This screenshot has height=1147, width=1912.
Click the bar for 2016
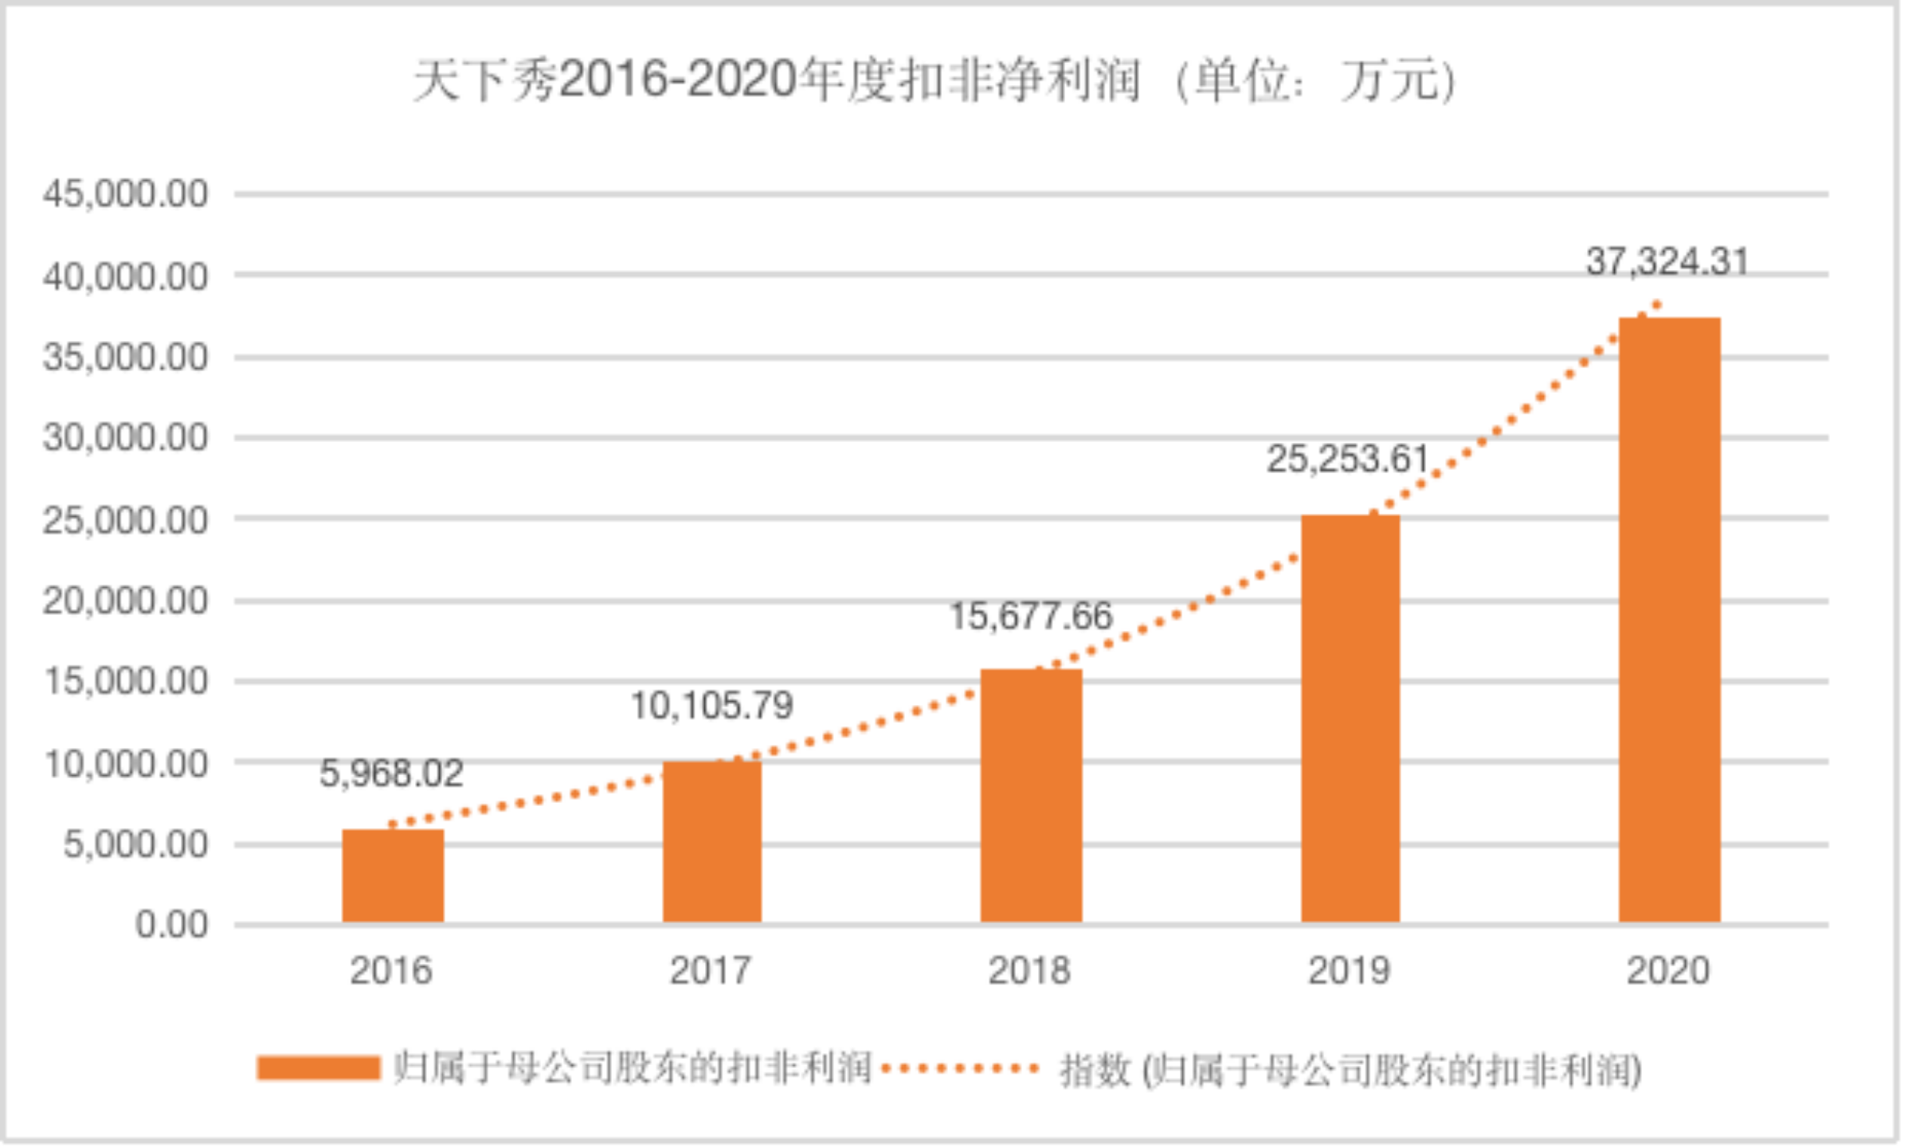393,876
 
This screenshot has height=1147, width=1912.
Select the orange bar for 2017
711,842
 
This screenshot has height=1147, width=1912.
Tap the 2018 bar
1031,797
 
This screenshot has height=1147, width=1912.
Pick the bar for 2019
1350,718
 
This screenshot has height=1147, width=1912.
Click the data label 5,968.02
391,773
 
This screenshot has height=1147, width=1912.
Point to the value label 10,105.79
711,706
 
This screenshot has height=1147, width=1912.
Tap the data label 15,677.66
1031,616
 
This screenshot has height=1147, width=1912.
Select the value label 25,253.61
1348,459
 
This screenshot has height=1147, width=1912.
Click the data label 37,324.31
1667,261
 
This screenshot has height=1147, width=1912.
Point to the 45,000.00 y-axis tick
126,194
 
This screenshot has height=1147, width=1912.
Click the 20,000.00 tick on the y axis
126,601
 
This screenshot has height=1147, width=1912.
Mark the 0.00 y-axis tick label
171,925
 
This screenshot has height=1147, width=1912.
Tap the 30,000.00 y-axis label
126,437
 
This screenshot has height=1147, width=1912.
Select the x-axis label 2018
1029,971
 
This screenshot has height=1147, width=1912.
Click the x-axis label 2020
1667,971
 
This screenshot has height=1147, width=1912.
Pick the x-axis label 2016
391,971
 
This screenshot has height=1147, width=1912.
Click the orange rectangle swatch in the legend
318,1068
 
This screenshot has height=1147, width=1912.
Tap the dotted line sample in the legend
960,1068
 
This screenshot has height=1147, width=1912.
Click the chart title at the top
934,81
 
